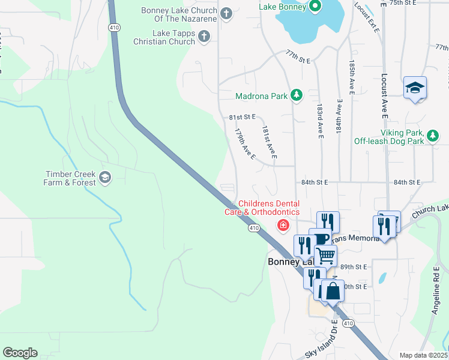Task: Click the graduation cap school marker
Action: [x=415, y=88]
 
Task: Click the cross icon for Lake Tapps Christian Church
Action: [x=204, y=37]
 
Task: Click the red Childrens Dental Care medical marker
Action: [x=282, y=226]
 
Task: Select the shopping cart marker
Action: [x=325, y=255]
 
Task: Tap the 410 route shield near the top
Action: [x=113, y=27]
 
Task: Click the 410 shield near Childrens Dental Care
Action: [x=254, y=228]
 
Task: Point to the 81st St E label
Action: [x=243, y=116]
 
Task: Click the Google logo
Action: [x=20, y=353]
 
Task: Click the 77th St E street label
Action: [x=298, y=60]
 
